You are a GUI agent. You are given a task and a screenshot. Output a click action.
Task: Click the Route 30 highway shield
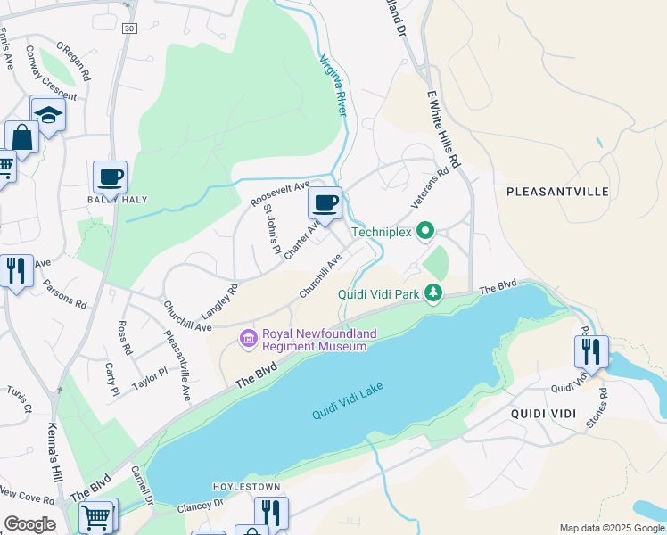pos(130,29)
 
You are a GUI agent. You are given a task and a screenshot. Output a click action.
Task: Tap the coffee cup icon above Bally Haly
pos(111,177)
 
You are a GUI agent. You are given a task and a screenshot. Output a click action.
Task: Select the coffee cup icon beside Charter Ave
pos(325,202)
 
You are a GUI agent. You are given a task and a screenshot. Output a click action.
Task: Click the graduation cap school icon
pos(47,113)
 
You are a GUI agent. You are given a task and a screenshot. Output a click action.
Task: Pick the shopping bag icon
pos(21,138)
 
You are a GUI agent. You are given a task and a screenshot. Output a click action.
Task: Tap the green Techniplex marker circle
pos(425,232)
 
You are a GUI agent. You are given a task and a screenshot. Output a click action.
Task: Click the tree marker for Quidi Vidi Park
pos(433,293)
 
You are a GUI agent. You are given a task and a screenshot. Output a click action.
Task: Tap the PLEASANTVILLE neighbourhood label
pos(556,192)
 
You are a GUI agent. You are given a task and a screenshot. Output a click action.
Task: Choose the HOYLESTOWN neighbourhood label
pos(246,487)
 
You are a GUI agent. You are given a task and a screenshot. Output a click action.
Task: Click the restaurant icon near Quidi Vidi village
pos(590,352)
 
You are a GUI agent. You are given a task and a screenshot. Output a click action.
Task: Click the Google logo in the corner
pos(29,524)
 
